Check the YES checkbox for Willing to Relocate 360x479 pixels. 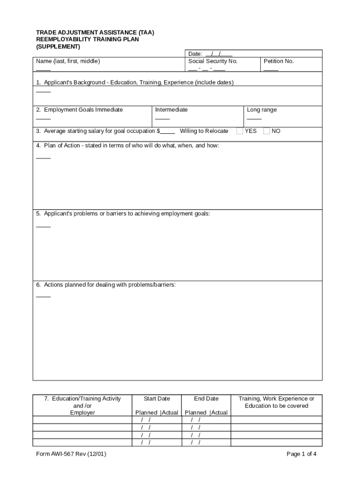click(x=239, y=131)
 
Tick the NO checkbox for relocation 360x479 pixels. click(x=266, y=131)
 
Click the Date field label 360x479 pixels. click(x=195, y=54)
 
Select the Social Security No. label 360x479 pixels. click(x=213, y=61)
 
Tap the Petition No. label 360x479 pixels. click(x=279, y=61)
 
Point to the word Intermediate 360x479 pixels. click(x=171, y=110)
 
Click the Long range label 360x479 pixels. click(x=261, y=110)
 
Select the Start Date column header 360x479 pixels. click(x=157, y=399)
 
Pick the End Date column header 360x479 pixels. click(x=206, y=399)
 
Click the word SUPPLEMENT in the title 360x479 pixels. click(x=58, y=47)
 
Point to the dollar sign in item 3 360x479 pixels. click(x=158, y=131)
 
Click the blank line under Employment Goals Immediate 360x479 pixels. click(x=43, y=119)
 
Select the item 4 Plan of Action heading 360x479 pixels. click(x=127, y=146)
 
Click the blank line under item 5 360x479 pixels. click(x=43, y=227)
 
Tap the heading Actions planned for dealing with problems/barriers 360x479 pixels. click(x=109, y=285)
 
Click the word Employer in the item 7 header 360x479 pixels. click(x=82, y=413)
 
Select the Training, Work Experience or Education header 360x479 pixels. click(x=276, y=402)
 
